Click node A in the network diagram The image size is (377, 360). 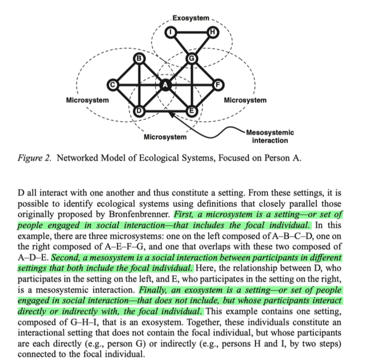click(x=165, y=86)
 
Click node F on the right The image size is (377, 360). click(x=218, y=85)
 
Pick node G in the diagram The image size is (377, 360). click(x=192, y=58)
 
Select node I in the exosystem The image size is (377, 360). click(x=171, y=33)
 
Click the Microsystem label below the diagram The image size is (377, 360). click(x=165, y=137)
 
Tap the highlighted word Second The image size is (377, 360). click(x=65, y=257)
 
